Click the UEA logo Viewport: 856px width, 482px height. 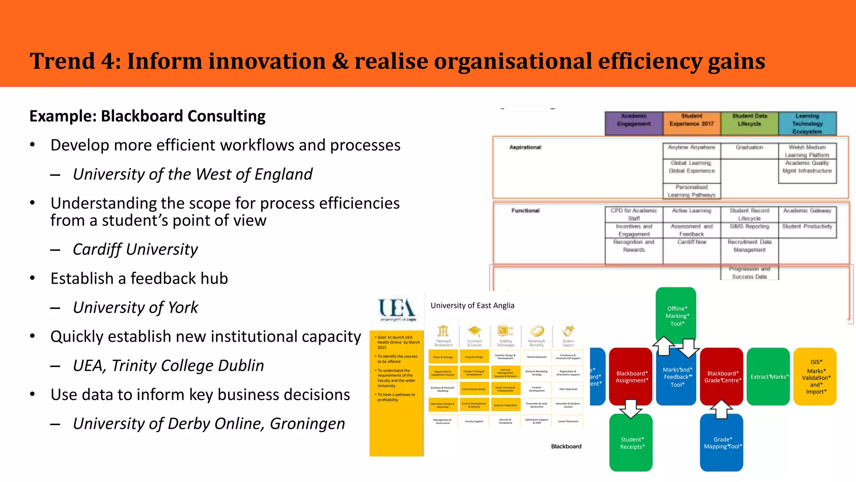click(397, 310)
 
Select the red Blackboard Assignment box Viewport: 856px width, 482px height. click(631, 377)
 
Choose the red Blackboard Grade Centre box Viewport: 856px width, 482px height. click(721, 377)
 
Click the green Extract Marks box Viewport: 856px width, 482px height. click(768, 377)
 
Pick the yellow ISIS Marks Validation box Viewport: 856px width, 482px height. click(815, 377)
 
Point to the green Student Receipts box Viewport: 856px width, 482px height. click(631, 443)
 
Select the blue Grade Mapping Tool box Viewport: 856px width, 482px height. click(722, 443)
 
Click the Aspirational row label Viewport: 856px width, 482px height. click(525, 147)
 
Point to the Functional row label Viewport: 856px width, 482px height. click(525, 210)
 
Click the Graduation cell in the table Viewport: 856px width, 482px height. click(749, 148)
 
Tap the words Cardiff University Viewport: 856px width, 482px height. click(135, 249)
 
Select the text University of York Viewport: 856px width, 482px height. click(135, 308)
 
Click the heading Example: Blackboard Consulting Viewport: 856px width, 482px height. click(148, 116)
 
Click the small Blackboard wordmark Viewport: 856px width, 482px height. click(566, 446)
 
